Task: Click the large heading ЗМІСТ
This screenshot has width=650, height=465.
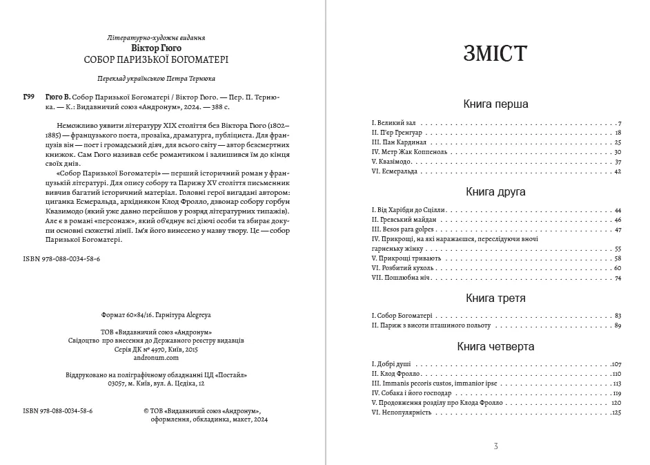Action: click(x=495, y=55)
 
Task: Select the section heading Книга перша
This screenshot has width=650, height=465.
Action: click(x=495, y=104)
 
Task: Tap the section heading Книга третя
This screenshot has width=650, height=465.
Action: click(x=495, y=298)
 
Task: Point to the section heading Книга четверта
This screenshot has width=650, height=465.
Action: click(x=495, y=347)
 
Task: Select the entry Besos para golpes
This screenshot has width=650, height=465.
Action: click(x=400, y=229)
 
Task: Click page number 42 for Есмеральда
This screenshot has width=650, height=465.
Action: click(x=618, y=171)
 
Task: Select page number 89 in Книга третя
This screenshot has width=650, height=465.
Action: click(x=618, y=325)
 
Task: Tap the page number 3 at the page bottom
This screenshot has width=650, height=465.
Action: click(x=495, y=446)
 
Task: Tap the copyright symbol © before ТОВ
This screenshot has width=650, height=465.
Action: click(x=146, y=410)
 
